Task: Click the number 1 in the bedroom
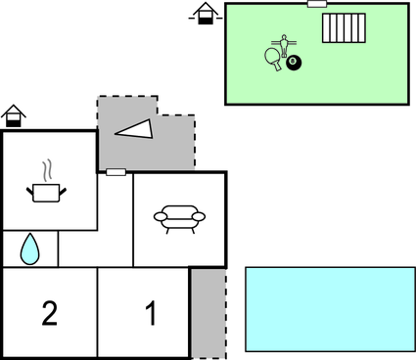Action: click(x=151, y=314)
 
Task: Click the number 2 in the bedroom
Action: click(x=50, y=314)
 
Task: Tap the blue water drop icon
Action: click(x=30, y=249)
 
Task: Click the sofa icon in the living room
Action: click(x=179, y=217)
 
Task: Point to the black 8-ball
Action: click(x=294, y=64)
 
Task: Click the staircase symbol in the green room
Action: click(x=344, y=27)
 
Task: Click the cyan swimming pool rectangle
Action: click(x=330, y=309)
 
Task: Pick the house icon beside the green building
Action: click(x=205, y=14)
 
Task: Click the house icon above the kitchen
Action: click(x=14, y=116)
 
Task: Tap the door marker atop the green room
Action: click(x=316, y=4)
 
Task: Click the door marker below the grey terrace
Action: click(x=116, y=172)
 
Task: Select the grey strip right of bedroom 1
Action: click(x=208, y=312)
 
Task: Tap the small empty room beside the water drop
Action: click(x=78, y=248)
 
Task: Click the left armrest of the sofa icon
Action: click(x=160, y=217)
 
